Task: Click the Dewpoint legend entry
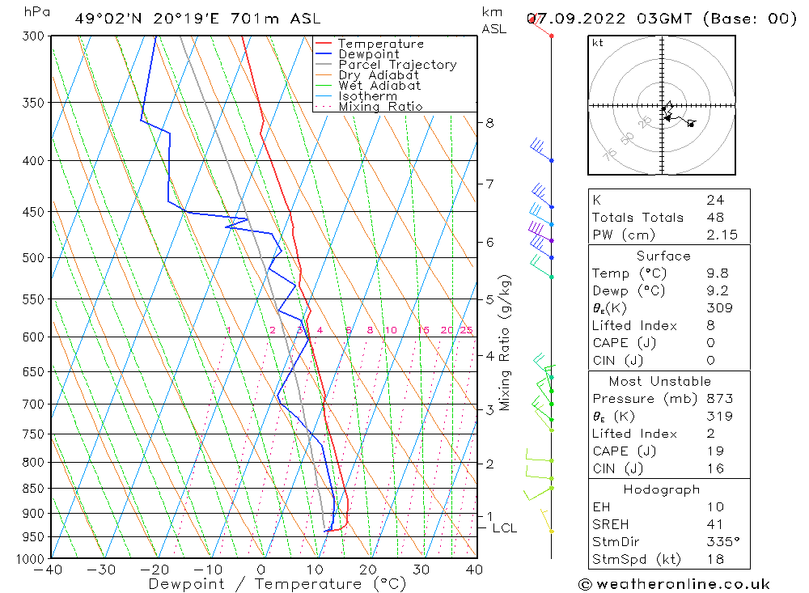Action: (368, 54)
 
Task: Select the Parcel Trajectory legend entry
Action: (397, 65)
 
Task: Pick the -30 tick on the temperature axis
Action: (102, 570)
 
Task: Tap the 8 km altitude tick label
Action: (489, 123)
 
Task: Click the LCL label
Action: (504, 528)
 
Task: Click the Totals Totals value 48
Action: (715, 218)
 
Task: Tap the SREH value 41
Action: (715, 524)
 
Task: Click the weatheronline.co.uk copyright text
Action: (674, 584)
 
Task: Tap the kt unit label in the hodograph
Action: (597, 43)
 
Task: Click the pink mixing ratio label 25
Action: (466, 330)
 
